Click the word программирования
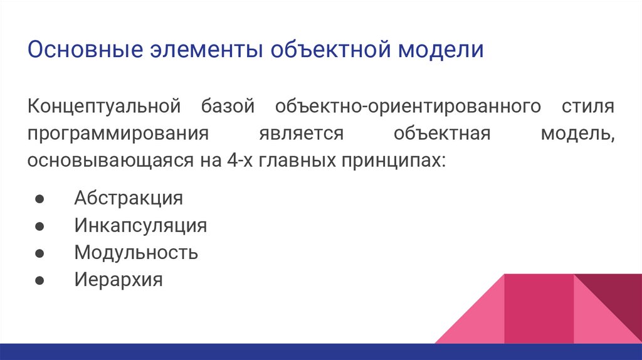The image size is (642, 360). point(117,133)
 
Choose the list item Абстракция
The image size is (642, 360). point(129,198)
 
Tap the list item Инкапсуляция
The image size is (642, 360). point(140,225)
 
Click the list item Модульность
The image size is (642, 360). point(136,252)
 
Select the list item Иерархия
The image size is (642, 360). point(118,279)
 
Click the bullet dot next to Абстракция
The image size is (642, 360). point(39,199)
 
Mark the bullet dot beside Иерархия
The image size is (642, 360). point(39,280)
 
